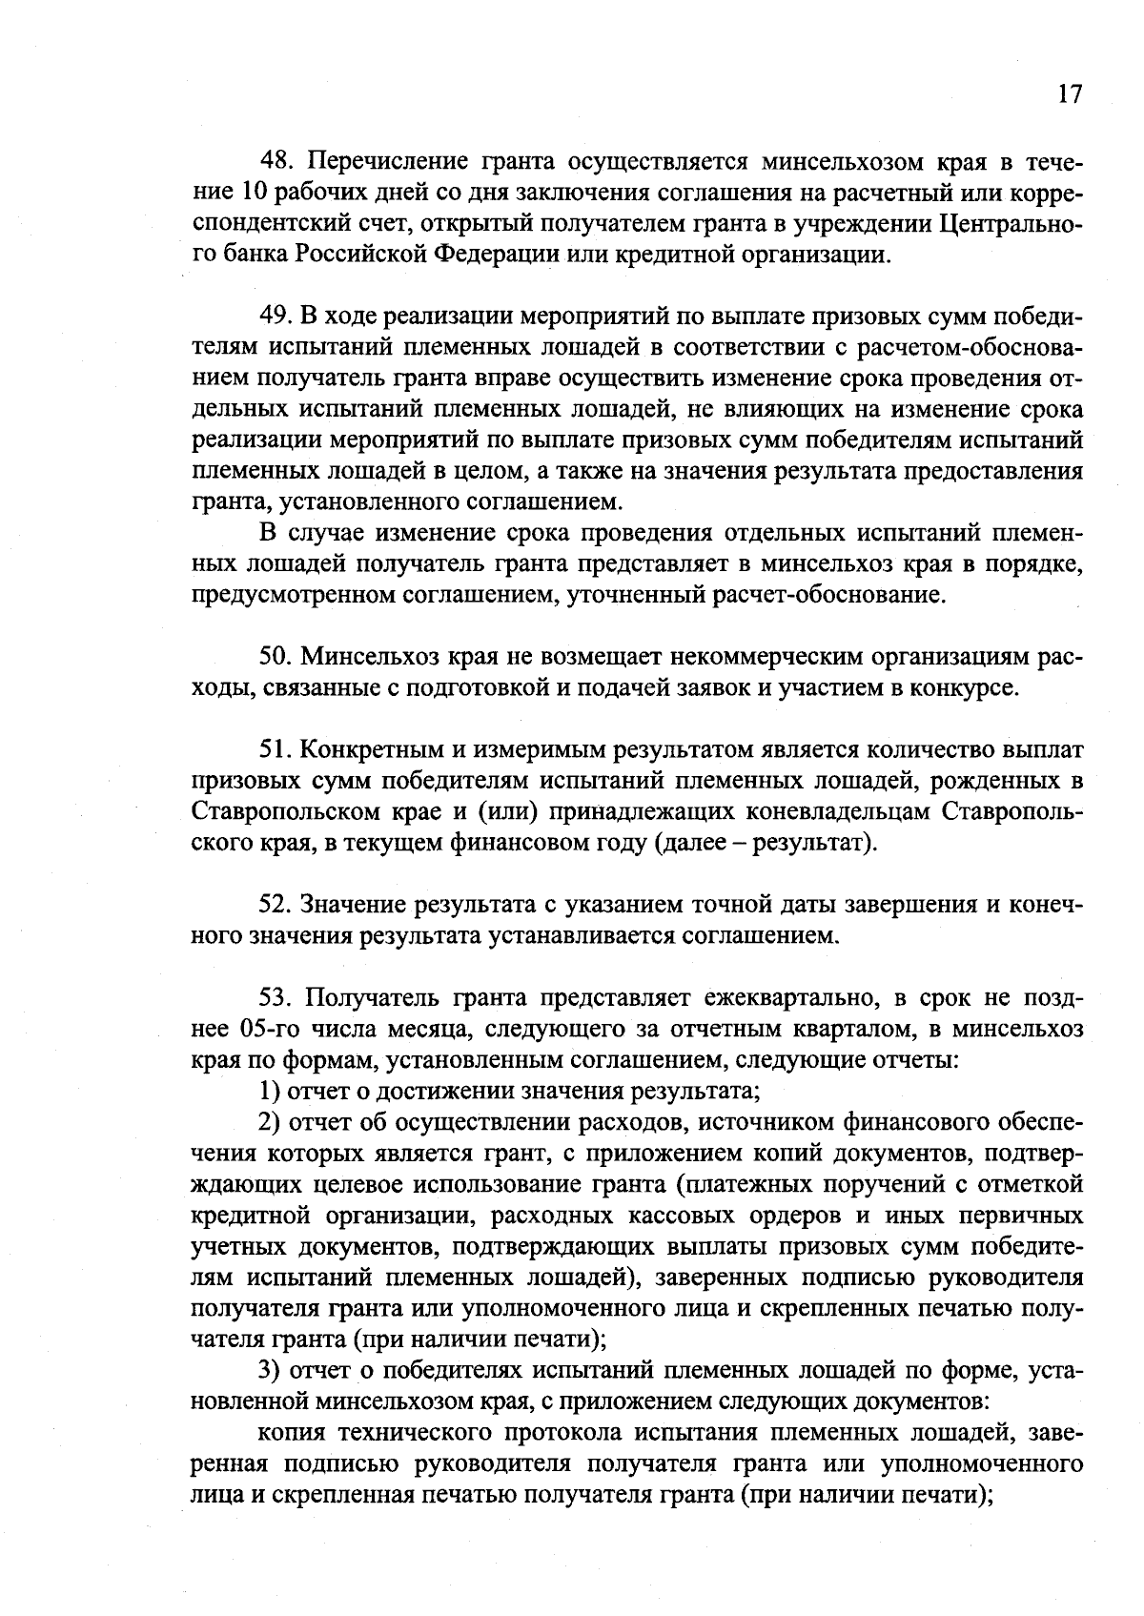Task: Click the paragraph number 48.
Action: click(x=276, y=159)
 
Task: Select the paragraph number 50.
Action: click(x=276, y=657)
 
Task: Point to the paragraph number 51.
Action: click(x=276, y=750)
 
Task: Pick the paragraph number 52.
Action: click(x=276, y=904)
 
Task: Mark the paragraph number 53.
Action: click(x=276, y=997)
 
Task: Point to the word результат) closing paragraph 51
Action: click(x=815, y=844)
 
